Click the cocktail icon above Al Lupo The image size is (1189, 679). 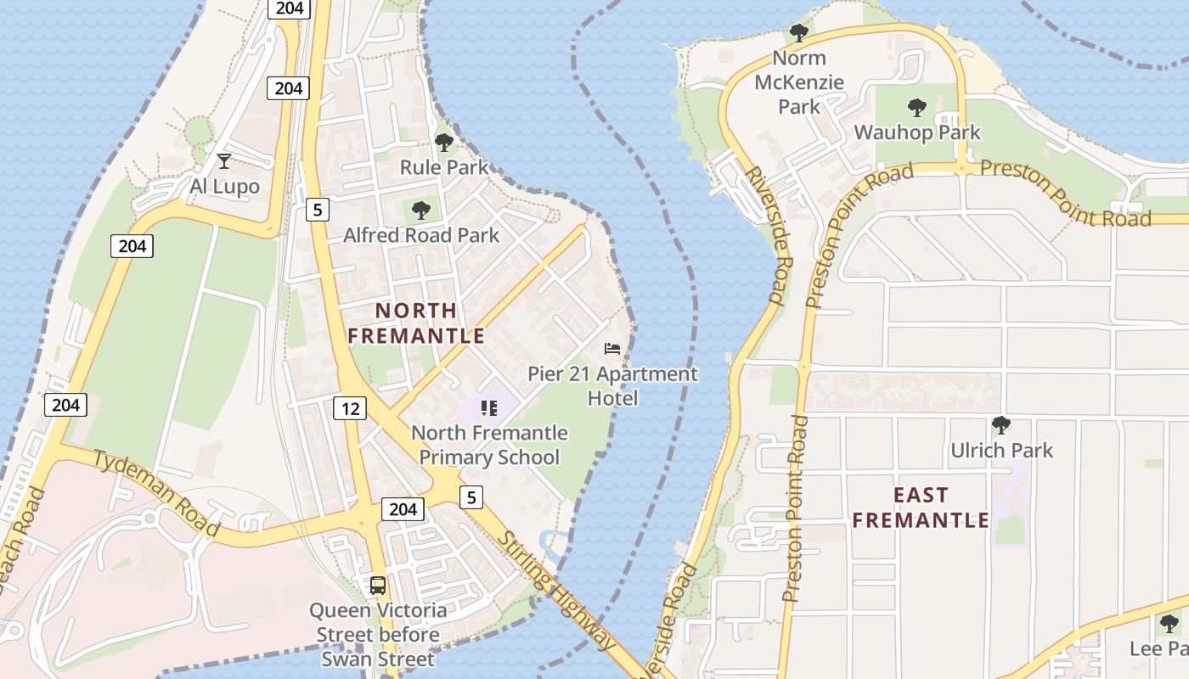pyautogui.click(x=223, y=160)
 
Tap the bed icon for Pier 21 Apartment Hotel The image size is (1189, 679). pyautogui.click(x=612, y=348)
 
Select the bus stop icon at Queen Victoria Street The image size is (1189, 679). pyautogui.click(x=377, y=586)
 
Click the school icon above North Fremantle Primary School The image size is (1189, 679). pyautogui.click(x=488, y=408)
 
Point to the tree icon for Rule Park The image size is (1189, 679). pyautogui.click(x=443, y=142)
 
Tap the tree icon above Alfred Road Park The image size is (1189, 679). pyautogui.click(x=420, y=210)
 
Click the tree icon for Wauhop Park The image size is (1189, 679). pyautogui.click(x=916, y=108)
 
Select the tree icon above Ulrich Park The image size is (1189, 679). pyautogui.click(x=1001, y=424)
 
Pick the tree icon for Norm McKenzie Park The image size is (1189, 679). pyautogui.click(x=798, y=33)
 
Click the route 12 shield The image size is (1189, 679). pyautogui.click(x=349, y=408)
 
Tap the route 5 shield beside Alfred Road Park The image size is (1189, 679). pyautogui.click(x=317, y=209)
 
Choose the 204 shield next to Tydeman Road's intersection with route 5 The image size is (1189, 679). pyautogui.click(x=403, y=508)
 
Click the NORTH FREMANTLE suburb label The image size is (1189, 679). pyautogui.click(x=416, y=323)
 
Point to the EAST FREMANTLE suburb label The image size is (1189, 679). pyautogui.click(x=921, y=508)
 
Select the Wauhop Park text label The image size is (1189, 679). pyautogui.click(x=916, y=133)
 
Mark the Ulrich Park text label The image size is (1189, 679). pyautogui.click(x=1001, y=451)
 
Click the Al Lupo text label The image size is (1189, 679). pyautogui.click(x=223, y=187)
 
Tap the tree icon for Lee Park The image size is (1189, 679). pyautogui.click(x=1169, y=624)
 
